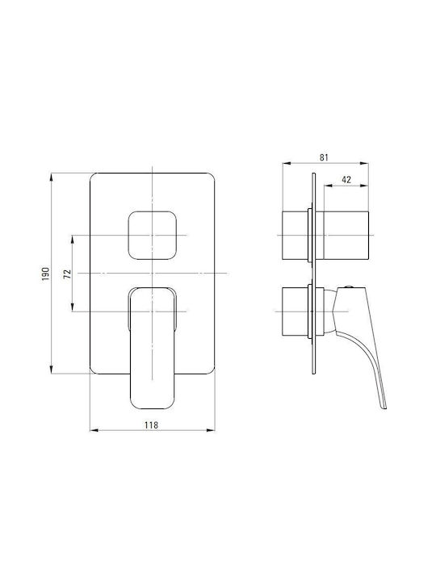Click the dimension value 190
(45, 274)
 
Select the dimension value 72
(67, 274)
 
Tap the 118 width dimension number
(151, 425)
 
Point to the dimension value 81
(324, 157)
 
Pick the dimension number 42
(346, 180)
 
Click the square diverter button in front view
(153, 236)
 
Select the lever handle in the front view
(153, 349)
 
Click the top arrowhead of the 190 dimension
(51, 177)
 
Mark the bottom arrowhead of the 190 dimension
(51, 370)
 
